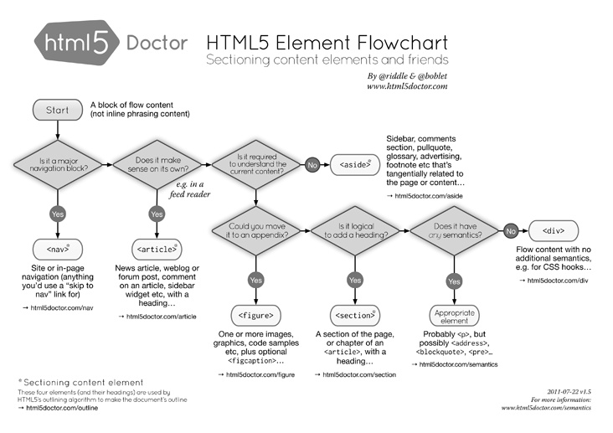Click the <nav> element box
click(x=57, y=249)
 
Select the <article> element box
click(x=157, y=249)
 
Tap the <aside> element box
click(x=354, y=164)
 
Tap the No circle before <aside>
click(x=312, y=164)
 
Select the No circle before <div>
click(x=509, y=229)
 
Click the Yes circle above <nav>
click(x=57, y=214)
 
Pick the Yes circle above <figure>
click(x=255, y=280)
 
